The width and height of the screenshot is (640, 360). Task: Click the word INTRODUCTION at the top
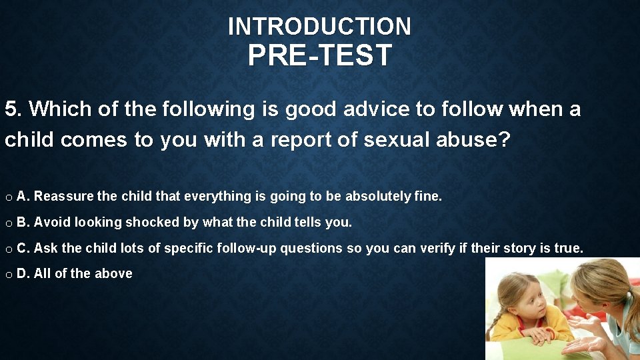[x=319, y=27]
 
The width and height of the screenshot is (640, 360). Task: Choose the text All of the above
[x=83, y=273]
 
